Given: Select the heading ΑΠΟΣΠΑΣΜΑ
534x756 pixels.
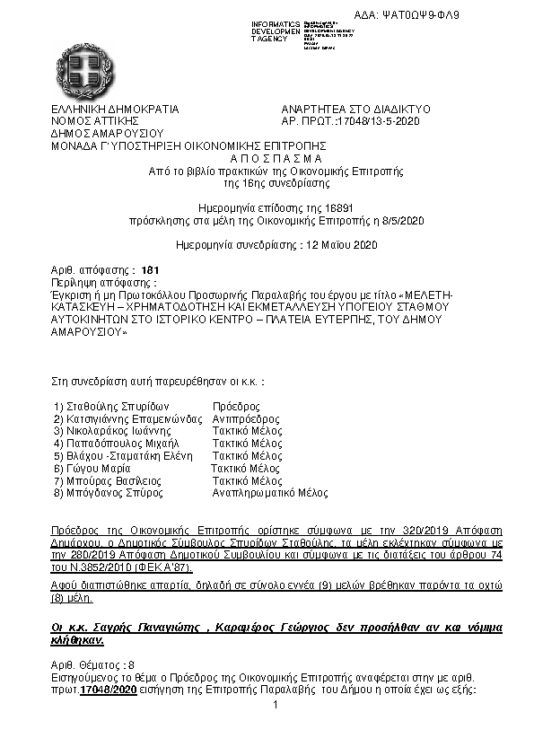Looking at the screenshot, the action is point(267,156).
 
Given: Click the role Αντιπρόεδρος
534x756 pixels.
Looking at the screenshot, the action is point(245,419).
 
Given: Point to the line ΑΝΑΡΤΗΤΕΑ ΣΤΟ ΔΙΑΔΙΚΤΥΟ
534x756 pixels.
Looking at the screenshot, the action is point(356,110).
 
